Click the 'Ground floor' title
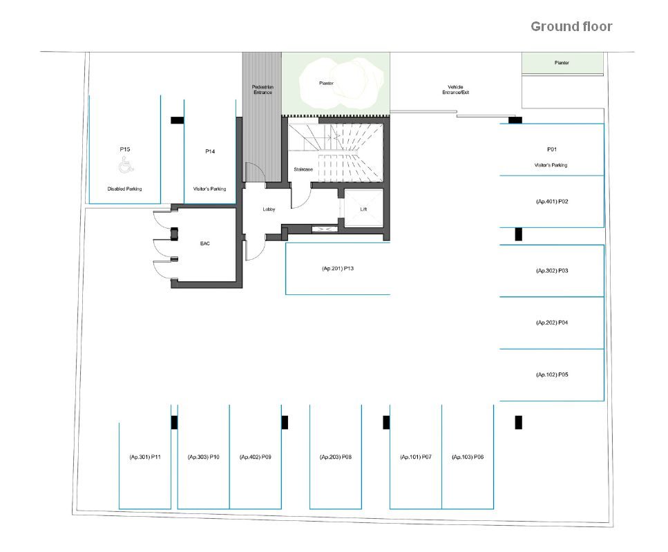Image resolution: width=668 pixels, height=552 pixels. click(x=571, y=27)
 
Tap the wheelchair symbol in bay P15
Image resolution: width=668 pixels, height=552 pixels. click(x=126, y=165)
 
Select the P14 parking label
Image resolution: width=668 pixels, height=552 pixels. click(x=210, y=151)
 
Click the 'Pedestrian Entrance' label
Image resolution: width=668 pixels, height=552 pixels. click(x=263, y=89)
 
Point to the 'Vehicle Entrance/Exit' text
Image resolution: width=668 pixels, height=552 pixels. click(x=455, y=89)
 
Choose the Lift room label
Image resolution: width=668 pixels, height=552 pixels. click(x=363, y=209)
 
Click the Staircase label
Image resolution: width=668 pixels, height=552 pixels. click(x=303, y=169)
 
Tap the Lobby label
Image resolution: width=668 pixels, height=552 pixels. click(x=269, y=209)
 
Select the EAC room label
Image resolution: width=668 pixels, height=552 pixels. click(x=205, y=244)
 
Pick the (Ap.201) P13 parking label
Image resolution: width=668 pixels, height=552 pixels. click(x=338, y=269)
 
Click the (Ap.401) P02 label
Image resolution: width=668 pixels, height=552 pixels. click(x=552, y=202)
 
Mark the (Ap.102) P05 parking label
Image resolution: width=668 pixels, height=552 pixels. click(x=552, y=375)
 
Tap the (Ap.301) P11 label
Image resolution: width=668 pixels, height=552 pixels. click(x=145, y=457)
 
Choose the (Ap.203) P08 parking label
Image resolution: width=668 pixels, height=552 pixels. click(x=336, y=457)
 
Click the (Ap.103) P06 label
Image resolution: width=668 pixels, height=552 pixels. click(x=468, y=457)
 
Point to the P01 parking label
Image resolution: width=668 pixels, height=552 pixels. click(x=552, y=149)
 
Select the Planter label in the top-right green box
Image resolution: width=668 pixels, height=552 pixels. click(x=562, y=63)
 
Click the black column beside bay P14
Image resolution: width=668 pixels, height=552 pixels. click(x=178, y=120)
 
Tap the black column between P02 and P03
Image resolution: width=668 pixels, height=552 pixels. click(x=519, y=234)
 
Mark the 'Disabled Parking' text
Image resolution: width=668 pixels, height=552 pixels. click(x=124, y=189)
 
